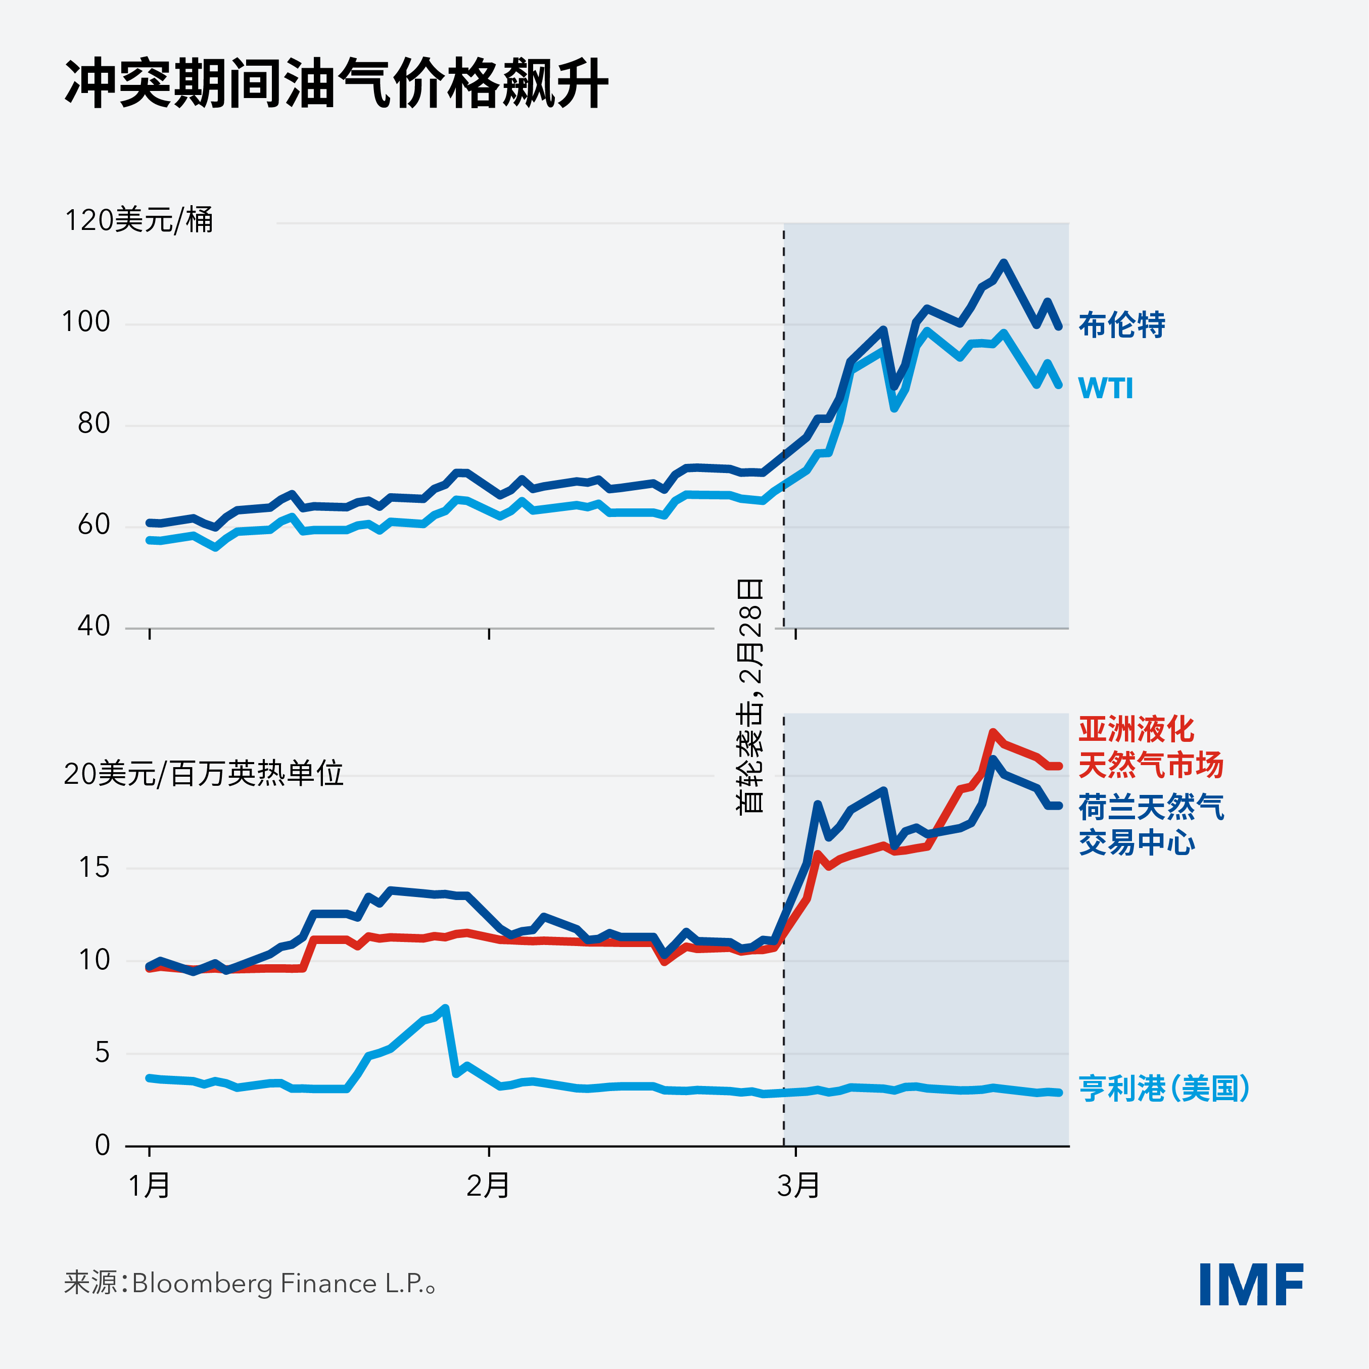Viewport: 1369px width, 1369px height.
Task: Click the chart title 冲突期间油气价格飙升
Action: pos(337,83)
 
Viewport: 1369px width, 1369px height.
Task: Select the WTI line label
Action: pos(1105,388)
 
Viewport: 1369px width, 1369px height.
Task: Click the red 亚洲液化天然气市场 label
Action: pos(1151,747)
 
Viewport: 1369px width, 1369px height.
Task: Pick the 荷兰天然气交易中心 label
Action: pos(1151,825)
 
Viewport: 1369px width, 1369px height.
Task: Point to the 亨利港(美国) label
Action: pos(1163,1089)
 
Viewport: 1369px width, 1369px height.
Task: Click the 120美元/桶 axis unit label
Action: pos(139,220)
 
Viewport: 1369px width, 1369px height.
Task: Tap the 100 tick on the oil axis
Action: pos(86,322)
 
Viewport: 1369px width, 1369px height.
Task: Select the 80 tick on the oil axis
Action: pos(93,423)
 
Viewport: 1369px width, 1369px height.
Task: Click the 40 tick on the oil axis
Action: pos(93,626)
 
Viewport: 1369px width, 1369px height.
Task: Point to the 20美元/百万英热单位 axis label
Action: pos(203,773)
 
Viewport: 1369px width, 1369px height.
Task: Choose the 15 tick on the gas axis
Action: pos(94,867)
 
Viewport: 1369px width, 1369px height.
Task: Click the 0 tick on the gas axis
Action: pos(102,1145)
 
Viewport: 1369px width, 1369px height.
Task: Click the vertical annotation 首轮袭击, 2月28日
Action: pos(750,696)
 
